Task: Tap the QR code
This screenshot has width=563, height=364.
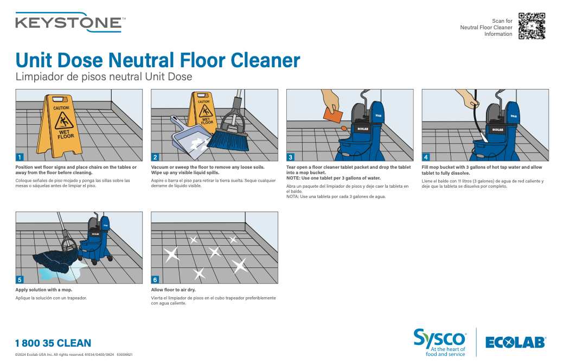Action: (532, 26)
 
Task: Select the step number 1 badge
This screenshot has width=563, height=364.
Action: (20, 157)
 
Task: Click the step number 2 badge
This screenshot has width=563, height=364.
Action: (156, 157)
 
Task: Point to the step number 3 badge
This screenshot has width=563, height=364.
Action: (291, 157)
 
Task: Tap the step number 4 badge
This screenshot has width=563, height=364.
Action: (426, 157)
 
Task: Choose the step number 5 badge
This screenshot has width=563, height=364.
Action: (20, 279)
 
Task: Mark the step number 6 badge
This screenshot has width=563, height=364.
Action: (156, 279)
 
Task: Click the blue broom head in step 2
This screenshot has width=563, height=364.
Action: (227, 141)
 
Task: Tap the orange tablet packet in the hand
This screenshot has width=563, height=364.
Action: (333, 114)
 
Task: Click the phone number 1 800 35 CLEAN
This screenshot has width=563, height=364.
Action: (53, 343)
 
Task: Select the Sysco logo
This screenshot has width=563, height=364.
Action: (439, 339)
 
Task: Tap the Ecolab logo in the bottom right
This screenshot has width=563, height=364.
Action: (515, 342)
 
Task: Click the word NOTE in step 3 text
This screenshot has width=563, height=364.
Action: (293, 178)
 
